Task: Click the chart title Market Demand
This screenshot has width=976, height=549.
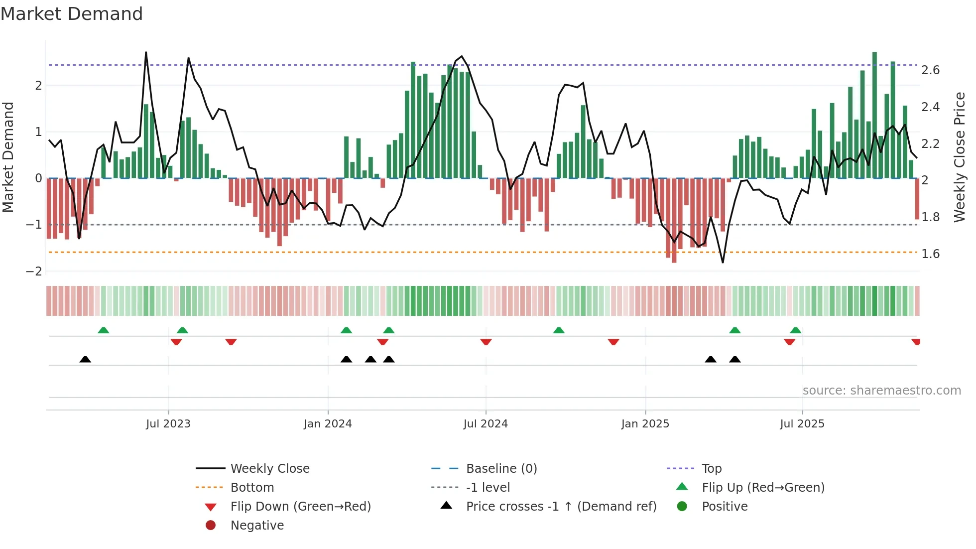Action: coord(72,14)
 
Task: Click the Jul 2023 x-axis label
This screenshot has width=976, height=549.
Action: coord(168,424)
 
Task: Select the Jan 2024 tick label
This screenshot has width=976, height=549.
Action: coord(328,424)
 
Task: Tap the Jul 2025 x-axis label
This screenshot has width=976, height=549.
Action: coord(802,424)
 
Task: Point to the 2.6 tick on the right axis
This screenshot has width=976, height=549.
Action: coord(930,70)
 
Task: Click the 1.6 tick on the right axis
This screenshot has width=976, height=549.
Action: coord(930,254)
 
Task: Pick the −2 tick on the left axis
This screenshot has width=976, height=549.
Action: coord(34,272)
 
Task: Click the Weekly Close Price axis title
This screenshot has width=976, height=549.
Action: coord(959,157)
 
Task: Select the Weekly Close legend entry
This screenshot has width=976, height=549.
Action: coord(269,469)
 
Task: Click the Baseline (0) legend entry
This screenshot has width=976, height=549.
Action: coord(501,469)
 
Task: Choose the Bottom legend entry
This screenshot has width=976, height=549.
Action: coord(252,488)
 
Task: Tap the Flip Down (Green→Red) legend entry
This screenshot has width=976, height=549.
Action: coord(300,507)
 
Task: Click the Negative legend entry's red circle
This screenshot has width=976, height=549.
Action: coord(211,526)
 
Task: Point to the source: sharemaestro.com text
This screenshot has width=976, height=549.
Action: coord(881,391)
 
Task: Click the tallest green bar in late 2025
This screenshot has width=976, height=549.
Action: coord(874,115)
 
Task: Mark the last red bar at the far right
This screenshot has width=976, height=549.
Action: coord(917,199)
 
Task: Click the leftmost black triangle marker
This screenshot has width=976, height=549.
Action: coord(85,359)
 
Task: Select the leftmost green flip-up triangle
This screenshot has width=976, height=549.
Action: coord(103,330)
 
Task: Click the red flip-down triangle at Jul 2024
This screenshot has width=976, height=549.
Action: coord(486,342)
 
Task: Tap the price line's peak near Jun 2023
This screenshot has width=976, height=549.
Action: coord(146,52)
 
